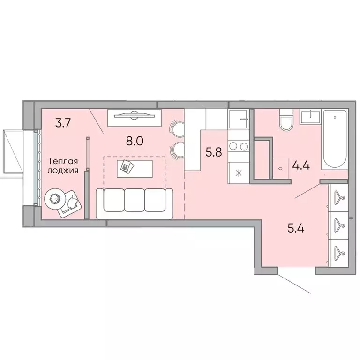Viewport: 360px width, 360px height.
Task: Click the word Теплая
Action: pos(62,161)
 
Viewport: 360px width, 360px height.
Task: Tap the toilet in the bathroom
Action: pos(285,121)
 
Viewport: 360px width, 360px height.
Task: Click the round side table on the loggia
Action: pos(54,199)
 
